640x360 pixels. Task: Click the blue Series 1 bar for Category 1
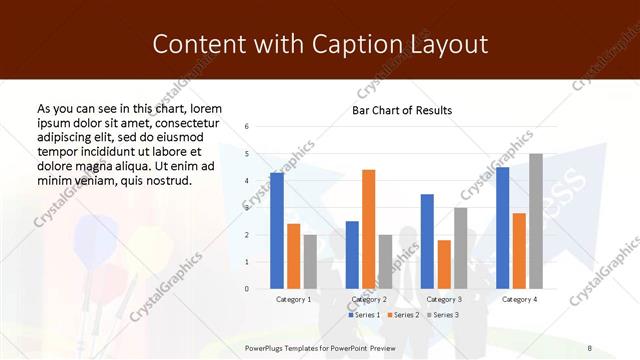coord(277,231)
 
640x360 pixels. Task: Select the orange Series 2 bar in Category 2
coord(368,229)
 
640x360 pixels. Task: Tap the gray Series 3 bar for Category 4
coord(536,221)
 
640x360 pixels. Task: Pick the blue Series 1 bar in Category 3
coord(427,241)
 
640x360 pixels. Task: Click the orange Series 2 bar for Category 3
coord(444,264)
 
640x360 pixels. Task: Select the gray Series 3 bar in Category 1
coord(309,261)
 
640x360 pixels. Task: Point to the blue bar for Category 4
coord(503,228)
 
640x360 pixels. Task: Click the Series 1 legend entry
coord(365,315)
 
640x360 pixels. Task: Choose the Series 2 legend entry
coord(401,315)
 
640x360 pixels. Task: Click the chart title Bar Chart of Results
coord(402,110)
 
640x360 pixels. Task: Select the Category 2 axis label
coord(368,299)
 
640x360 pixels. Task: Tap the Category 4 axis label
coord(519,299)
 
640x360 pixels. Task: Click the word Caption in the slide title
coord(364,44)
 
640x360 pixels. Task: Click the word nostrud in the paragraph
coord(167,180)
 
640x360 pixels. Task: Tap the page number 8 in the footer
coord(589,347)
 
